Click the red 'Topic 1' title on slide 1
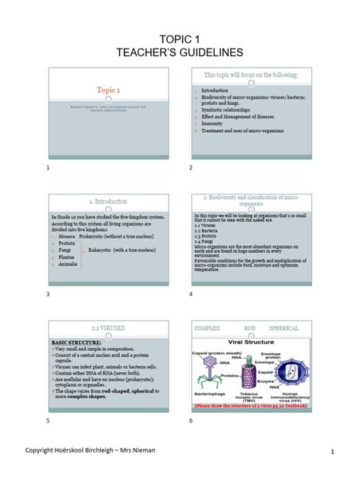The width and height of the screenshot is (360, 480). [x=107, y=89]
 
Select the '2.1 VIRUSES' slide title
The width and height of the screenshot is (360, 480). [x=107, y=328]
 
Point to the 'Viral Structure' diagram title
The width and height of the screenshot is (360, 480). [x=252, y=343]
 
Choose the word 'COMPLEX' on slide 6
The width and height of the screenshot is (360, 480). [x=209, y=329]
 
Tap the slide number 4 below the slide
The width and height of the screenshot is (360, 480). [x=191, y=294]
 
